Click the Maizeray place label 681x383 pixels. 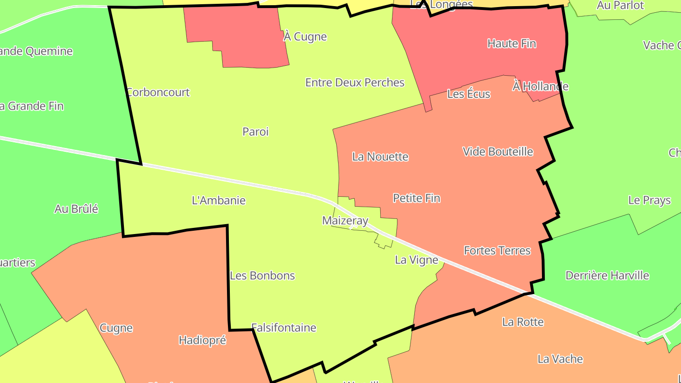(345, 221)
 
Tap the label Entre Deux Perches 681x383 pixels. (355, 83)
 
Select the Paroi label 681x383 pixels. (255, 132)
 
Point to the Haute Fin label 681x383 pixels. (512, 44)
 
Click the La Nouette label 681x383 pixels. (380, 157)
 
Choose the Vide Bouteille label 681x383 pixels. (498, 152)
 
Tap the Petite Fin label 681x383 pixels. (416, 198)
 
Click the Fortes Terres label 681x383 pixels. (497, 251)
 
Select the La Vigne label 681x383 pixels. (416, 260)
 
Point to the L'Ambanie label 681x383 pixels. (218, 200)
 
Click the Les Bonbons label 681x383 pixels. (262, 276)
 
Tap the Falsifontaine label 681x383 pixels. (284, 328)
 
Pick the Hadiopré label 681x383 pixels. (202, 340)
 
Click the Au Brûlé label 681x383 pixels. (76, 209)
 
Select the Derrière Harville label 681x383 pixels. (607, 276)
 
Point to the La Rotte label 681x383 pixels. (523, 322)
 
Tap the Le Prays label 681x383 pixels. (649, 200)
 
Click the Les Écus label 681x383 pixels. (469, 94)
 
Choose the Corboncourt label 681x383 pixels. (158, 92)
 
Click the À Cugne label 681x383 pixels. (305, 37)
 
